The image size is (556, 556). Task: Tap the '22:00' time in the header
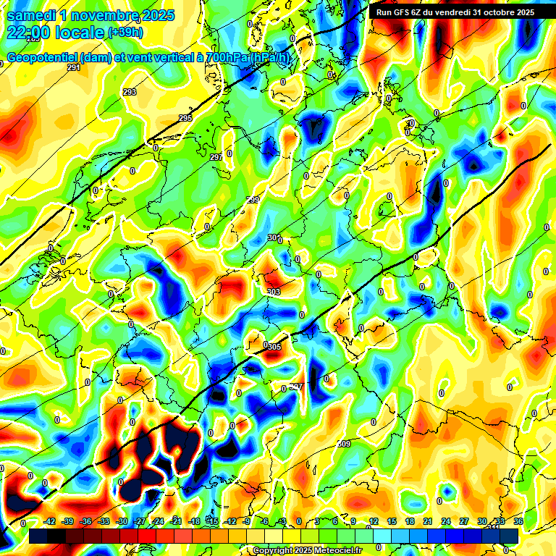tap(31, 33)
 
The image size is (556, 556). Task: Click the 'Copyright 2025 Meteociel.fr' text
tap(307, 550)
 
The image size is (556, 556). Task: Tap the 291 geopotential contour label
tap(73, 67)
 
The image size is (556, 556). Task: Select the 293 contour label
tap(130, 92)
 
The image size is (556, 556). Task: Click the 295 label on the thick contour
tap(185, 118)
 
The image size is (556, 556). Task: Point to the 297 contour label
tap(216, 157)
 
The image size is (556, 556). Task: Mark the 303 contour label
tap(274, 292)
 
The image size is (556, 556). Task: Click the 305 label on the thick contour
tap(274, 347)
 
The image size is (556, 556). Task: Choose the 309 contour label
tap(344, 443)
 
